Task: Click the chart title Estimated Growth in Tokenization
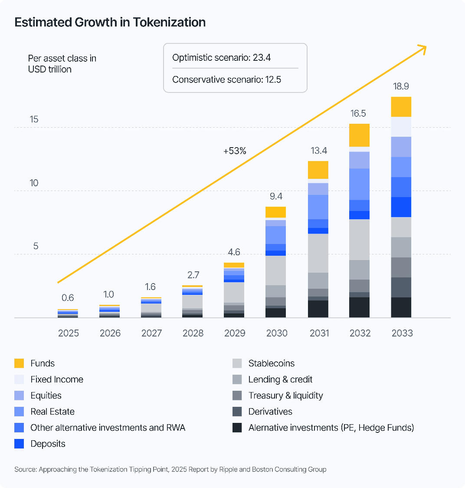click(x=110, y=23)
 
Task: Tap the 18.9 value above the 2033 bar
click(x=401, y=86)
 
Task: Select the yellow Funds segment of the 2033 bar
click(x=401, y=107)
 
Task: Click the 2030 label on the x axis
click(x=276, y=333)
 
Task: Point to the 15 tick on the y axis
click(x=34, y=119)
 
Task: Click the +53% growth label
click(x=235, y=151)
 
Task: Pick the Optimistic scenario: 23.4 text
click(x=222, y=57)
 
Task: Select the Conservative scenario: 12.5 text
click(x=226, y=80)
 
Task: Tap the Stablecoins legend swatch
click(x=237, y=363)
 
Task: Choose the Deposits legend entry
click(x=48, y=444)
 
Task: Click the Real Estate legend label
click(x=52, y=412)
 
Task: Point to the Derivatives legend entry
click(x=270, y=412)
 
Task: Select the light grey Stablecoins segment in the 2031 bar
click(x=318, y=253)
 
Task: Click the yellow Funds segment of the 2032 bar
click(x=360, y=135)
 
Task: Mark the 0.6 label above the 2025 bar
click(x=68, y=298)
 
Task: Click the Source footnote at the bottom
click(x=170, y=469)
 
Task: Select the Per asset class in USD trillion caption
click(x=62, y=64)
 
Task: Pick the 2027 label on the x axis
click(x=151, y=333)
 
